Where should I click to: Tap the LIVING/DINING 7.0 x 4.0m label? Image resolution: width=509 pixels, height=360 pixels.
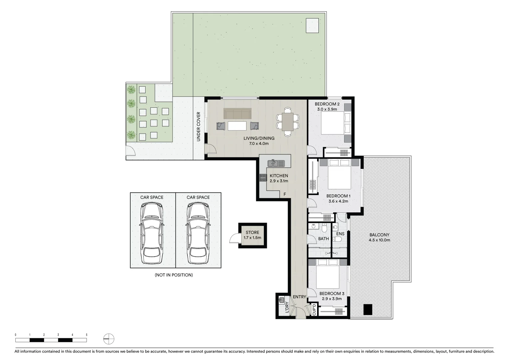point(259,141)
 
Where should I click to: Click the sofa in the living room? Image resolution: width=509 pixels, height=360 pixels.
point(238,114)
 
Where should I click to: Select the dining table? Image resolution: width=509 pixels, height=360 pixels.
point(287,122)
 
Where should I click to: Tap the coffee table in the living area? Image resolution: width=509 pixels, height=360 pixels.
point(237,126)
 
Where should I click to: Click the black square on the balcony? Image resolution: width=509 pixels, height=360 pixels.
point(368,310)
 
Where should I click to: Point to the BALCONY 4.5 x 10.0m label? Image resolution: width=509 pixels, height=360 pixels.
point(379,237)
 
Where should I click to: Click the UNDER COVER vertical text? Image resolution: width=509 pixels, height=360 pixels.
point(199,127)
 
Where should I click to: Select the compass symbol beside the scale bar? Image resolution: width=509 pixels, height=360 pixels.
point(109,339)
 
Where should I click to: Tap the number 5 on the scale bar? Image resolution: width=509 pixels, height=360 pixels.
point(87,335)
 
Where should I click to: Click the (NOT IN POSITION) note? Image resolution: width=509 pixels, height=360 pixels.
point(174,275)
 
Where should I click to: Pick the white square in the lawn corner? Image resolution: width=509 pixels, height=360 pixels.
point(312,26)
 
